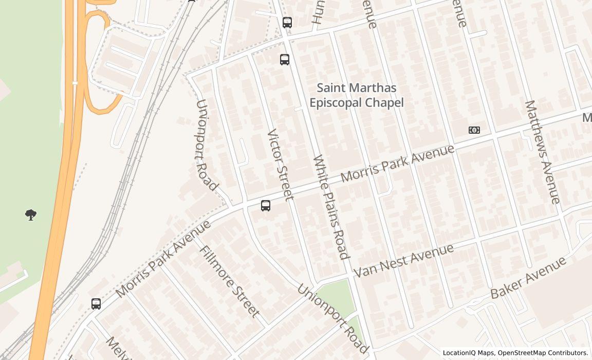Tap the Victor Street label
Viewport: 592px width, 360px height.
280,164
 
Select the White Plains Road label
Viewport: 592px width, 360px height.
331,207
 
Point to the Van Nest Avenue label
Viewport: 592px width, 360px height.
404,261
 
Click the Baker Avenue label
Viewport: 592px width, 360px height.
528,278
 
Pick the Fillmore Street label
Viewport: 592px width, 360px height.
229,281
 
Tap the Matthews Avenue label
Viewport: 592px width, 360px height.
542,152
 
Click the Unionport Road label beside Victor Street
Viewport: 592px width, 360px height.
207,145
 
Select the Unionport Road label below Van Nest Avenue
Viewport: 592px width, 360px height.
332,318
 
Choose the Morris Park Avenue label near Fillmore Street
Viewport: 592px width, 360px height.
163,259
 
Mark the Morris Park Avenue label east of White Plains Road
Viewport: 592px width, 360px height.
398,163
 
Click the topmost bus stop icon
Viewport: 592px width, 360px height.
287,23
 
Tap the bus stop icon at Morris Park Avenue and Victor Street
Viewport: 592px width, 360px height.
266,206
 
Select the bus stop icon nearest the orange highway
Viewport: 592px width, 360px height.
96,304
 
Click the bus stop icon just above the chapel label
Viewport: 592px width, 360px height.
285,60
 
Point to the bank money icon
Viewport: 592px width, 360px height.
474,130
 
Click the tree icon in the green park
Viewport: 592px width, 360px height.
31,215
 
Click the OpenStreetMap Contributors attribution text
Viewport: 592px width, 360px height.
543,353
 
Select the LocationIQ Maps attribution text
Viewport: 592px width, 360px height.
468,353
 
